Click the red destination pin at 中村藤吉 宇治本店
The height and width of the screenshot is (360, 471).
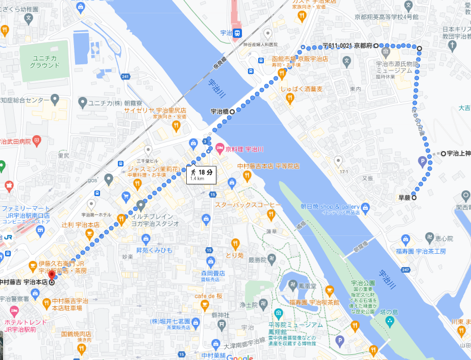pos(51,274)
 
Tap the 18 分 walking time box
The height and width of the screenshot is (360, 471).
pos(201,175)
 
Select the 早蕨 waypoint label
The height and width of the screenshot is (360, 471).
pos(404,198)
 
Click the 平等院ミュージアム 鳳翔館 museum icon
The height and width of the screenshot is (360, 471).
pos(279,313)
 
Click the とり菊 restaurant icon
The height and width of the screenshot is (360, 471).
pos(235,244)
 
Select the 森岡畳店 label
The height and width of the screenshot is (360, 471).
pos(213,273)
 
